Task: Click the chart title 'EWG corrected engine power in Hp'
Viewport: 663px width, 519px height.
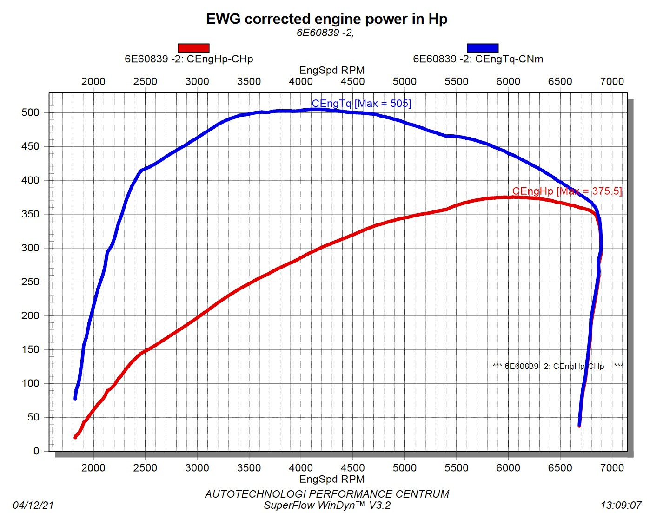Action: pos(326,19)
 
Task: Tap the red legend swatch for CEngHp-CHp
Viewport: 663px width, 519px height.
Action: pos(193,48)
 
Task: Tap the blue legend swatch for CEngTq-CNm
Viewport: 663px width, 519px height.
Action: pos(483,48)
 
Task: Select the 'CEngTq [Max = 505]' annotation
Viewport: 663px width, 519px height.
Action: pos(361,104)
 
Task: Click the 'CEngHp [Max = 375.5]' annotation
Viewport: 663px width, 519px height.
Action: pos(567,191)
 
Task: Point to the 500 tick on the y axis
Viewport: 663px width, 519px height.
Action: pos(30,112)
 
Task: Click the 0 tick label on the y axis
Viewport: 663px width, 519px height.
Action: pos(36,451)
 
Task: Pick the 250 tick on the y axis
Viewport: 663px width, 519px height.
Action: pos(30,282)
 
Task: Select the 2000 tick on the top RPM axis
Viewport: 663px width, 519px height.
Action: pos(93,82)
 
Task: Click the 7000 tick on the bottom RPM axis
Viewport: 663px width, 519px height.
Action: pos(612,468)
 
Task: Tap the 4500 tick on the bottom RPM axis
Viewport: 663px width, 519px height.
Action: pos(352,468)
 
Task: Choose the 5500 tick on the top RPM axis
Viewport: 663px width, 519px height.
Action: pos(456,82)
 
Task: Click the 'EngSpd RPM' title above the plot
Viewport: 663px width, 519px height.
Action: pos(331,71)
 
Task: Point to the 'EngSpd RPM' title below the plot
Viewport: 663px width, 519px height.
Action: pos(331,479)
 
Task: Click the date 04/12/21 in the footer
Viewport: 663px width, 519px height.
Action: pos(33,505)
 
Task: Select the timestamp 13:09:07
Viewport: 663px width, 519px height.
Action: pos(621,505)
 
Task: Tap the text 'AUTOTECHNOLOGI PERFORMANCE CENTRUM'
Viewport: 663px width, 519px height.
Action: pos(327,494)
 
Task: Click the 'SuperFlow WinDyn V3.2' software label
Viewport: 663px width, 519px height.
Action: pos(327,505)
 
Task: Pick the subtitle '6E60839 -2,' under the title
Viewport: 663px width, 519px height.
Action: pos(325,33)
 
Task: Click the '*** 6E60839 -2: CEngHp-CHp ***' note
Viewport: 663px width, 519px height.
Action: pos(557,366)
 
